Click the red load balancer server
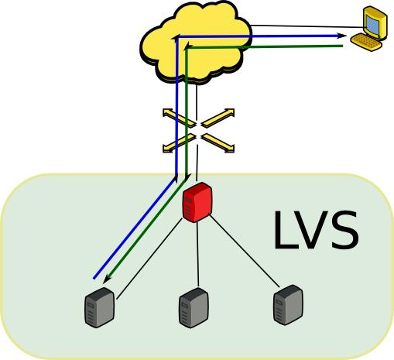(x=197, y=202)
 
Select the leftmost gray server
(x=100, y=307)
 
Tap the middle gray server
(x=194, y=308)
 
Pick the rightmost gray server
(x=288, y=305)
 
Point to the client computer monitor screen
(x=373, y=25)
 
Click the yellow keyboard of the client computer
(x=366, y=42)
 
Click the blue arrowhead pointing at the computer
(x=341, y=36)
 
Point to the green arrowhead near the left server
(x=107, y=279)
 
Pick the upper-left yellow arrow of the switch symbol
(x=179, y=118)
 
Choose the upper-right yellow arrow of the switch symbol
(x=218, y=118)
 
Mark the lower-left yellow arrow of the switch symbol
(x=179, y=143)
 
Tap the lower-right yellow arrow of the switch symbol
(x=218, y=143)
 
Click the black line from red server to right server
(x=245, y=252)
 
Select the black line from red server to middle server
(x=197, y=255)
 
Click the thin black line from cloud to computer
(x=307, y=26)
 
